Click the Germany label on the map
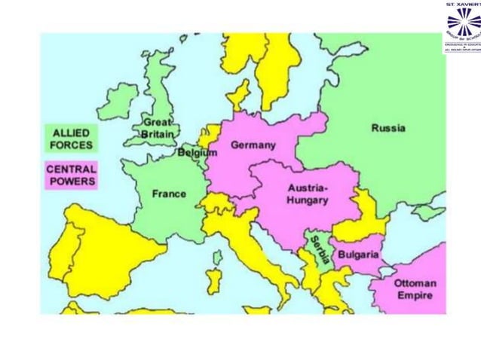point(253,145)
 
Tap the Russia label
point(388,128)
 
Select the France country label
point(169,194)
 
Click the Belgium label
point(197,153)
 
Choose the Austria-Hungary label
point(307,194)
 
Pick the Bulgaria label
point(357,255)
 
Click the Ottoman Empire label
point(415,289)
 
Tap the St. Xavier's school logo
point(461,26)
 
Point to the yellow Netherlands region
point(206,136)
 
